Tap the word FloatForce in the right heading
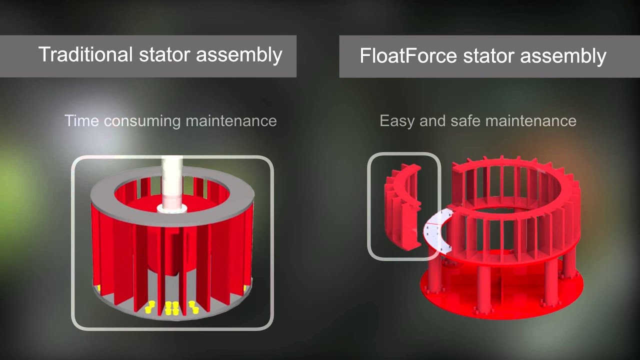[x=408, y=55]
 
